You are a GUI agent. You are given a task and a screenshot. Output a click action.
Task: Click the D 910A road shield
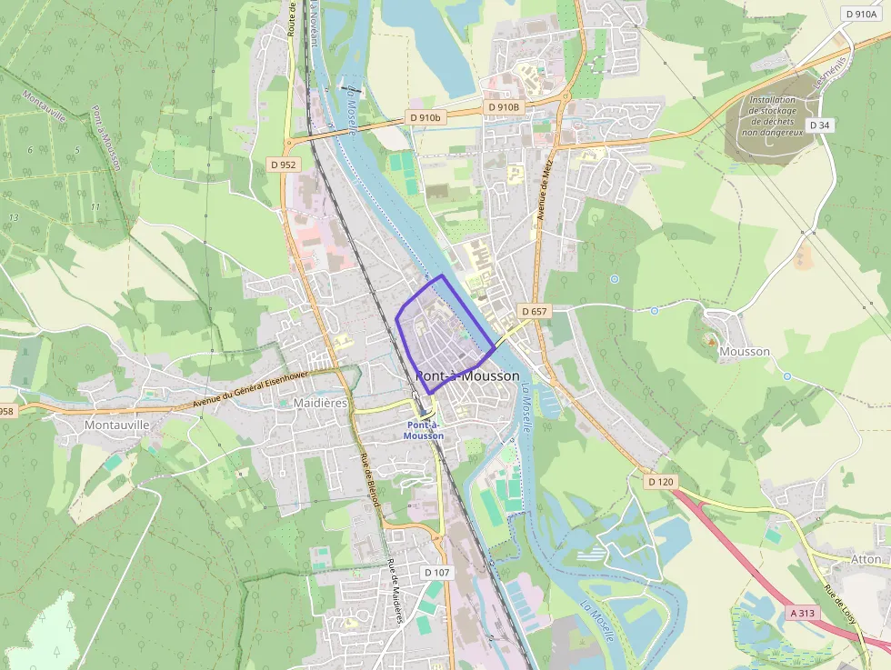(x=859, y=14)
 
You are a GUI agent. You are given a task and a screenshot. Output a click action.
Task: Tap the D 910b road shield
(x=425, y=117)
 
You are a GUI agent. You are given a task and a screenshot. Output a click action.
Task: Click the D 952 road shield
(x=283, y=165)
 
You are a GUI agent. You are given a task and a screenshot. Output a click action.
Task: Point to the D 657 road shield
(x=535, y=311)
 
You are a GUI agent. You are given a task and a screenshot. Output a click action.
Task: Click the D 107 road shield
(x=437, y=572)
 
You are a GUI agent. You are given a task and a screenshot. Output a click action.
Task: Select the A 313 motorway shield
(x=804, y=613)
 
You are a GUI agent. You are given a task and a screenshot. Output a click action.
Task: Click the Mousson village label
(x=744, y=351)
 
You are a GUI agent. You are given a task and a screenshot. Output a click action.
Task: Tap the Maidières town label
(x=321, y=403)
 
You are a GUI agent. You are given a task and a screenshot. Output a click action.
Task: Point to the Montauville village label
(x=115, y=424)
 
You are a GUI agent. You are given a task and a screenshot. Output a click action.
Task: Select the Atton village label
(x=866, y=558)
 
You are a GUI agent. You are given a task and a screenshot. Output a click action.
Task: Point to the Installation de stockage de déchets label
(x=772, y=115)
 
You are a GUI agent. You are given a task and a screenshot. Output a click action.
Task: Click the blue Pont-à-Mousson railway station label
(x=424, y=430)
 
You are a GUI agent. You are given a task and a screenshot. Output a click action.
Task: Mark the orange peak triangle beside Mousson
(x=710, y=339)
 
